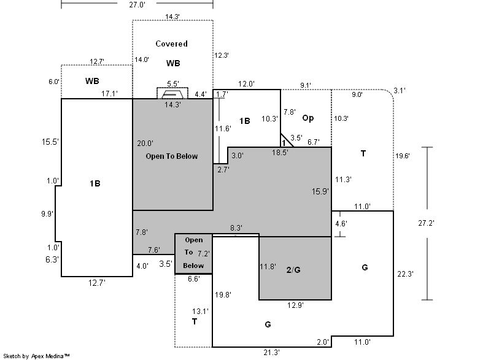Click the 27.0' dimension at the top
tap(137, 4)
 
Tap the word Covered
tap(172, 44)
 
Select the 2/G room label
tap(293, 270)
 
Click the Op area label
tap(308, 118)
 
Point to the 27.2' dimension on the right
tap(426, 223)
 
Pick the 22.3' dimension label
tap(406, 274)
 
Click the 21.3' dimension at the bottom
tap(271, 353)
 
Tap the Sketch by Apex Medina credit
tap(36, 356)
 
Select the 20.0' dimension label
tap(145, 144)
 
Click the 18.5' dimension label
tap(280, 152)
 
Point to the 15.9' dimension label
tap(320, 191)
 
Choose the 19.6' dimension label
tap(403, 156)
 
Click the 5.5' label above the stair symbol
tap(173, 84)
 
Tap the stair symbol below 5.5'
tap(172, 93)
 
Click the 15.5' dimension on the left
tap(50, 142)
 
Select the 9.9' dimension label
tap(47, 214)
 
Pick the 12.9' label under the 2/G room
tap(296, 305)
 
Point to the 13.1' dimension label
tap(201, 311)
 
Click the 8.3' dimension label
tap(236, 228)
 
